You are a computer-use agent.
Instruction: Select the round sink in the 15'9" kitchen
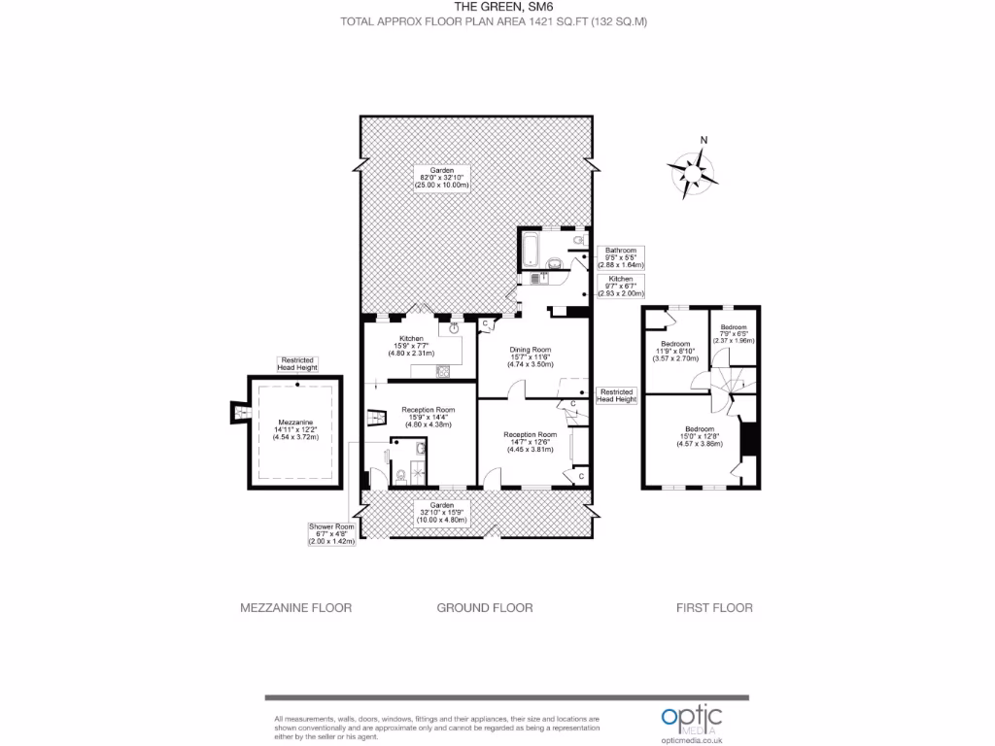(453, 327)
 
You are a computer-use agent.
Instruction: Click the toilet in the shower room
(401, 476)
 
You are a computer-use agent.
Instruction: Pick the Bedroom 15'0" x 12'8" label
(700, 436)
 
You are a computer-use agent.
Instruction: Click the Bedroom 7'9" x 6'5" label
(734, 333)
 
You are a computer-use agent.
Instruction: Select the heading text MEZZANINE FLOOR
(295, 608)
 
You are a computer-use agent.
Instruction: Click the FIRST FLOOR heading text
(714, 608)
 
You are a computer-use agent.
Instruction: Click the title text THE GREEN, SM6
(497, 7)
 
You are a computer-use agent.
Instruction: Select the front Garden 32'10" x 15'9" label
(442, 512)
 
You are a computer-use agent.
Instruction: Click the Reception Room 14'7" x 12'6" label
(531, 442)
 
